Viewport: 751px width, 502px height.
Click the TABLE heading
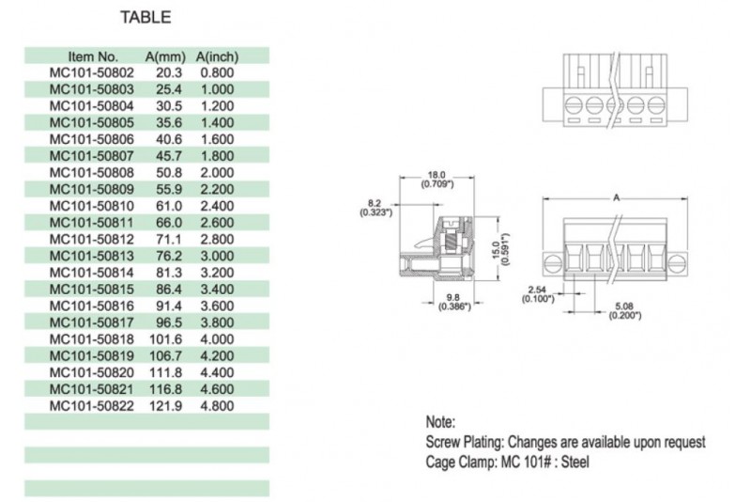click(x=146, y=17)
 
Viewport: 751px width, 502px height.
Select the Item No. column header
click(x=92, y=56)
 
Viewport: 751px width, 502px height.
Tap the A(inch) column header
click(x=217, y=57)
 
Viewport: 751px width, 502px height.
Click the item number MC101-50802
click(x=91, y=73)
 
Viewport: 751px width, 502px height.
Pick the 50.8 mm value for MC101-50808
click(x=169, y=173)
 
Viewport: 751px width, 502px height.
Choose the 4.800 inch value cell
click(x=217, y=405)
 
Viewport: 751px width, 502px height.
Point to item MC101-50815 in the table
click(x=91, y=290)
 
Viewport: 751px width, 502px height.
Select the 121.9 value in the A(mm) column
click(x=166, y=405)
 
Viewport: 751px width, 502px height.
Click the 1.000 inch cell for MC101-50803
click(x=217, y=89)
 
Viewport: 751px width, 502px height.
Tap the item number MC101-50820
click(x=91, y=372)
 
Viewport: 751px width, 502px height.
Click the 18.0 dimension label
click(x=437, y=175)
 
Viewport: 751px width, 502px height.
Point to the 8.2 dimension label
click(x=375, y=203)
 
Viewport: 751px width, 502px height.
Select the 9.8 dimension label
click(x=453, y=298)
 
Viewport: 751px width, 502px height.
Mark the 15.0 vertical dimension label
click(x=497, y=250)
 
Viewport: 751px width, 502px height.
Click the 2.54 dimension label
click(x=537, y=290)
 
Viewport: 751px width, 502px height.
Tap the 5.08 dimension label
click(x=624, y=306)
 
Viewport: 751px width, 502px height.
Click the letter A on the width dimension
click(x=616, y=197)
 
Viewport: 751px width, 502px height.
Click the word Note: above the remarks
click(x=440, y=422)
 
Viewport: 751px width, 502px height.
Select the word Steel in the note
click(x=575, y=463)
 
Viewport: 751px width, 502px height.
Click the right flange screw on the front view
click(x=677, y=263)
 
